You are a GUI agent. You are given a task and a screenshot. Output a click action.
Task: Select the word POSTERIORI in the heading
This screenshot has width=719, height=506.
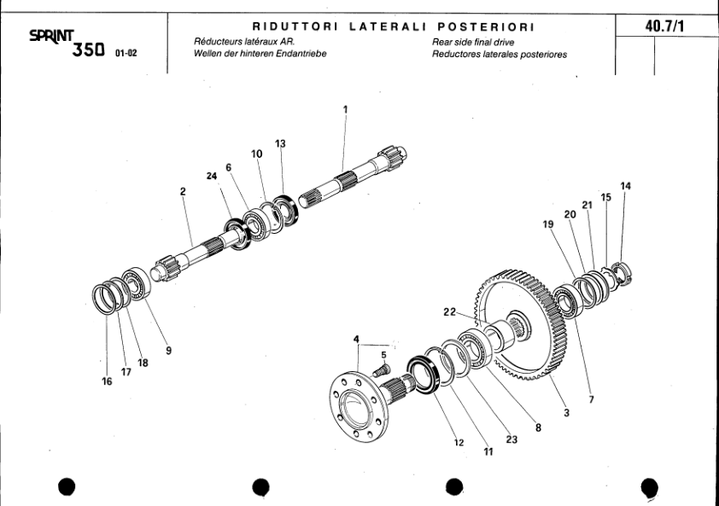(484, 27)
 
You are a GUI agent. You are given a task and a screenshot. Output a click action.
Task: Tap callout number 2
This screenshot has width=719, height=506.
(183, 192)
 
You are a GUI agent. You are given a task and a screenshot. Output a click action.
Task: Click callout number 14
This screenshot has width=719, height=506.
(626, 186)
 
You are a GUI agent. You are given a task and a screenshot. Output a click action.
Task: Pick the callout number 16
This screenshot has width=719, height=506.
(107, 381)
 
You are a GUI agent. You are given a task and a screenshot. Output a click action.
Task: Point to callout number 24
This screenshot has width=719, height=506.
(211, 176)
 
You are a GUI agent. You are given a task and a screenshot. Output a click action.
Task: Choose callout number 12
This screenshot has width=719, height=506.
(459, 442)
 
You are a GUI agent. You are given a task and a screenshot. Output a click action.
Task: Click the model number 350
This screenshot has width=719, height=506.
(89, 50)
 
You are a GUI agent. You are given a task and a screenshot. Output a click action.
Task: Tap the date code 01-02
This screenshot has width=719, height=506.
(126, 53)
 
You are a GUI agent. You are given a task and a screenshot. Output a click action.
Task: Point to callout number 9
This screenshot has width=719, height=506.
(168, 349)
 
